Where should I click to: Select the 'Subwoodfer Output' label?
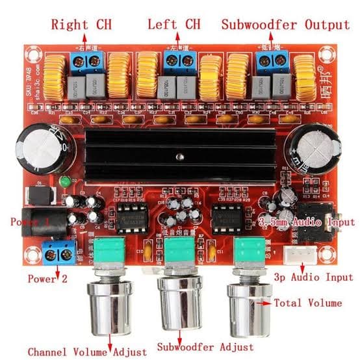(285, 25)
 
